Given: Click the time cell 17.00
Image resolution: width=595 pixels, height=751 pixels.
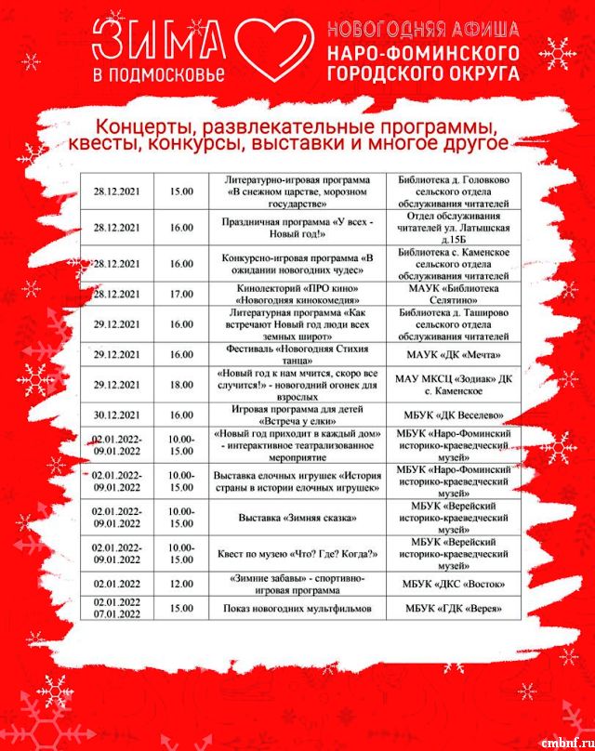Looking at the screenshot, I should click(x=181, y=295).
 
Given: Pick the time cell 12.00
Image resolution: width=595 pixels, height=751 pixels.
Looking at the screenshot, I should click(x=181, y=583).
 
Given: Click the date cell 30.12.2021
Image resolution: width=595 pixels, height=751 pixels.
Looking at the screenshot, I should click(x=117, y=414).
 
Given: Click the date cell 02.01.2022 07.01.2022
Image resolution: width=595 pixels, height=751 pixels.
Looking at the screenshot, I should click(x=117, y=608).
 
